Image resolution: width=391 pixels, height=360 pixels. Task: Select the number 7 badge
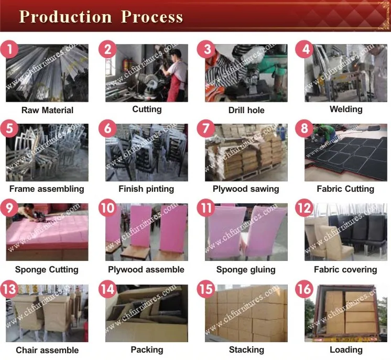pos(207,129)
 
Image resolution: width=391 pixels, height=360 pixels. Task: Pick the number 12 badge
pos(304,208)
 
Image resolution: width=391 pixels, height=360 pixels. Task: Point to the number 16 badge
pos(304,289)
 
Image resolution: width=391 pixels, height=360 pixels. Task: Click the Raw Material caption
pos(47,110)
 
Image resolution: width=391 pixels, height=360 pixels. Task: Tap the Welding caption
pos(345,109)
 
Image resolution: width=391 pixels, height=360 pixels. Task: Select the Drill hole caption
pos(246,110)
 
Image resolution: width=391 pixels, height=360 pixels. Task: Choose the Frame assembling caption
pos(47,189)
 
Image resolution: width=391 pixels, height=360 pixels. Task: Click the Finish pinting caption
pos(146,189)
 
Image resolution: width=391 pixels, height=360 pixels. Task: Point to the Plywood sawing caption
pos(246,189)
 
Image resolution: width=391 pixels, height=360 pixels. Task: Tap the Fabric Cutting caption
pos(345,189)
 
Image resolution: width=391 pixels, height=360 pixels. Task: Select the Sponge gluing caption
pos(246,269)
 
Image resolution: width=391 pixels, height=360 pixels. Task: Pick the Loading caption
pos(345,349)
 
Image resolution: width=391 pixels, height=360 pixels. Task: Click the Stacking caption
pos(246,349)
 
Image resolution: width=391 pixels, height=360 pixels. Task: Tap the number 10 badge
pos(108,208)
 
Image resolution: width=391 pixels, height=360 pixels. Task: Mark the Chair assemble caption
pos(47,350)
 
